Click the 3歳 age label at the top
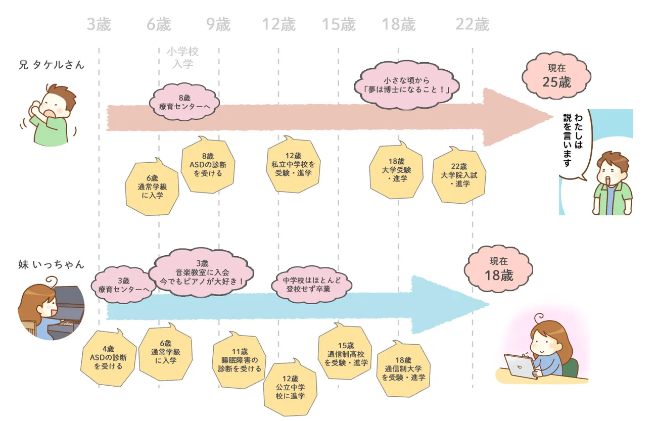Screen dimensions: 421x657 pyautogui.click(x=99, y=24)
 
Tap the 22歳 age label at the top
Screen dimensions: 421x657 pyautogui.click(x=473, y=24)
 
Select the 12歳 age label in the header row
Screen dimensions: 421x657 pyautogui.click(x=278, y=24)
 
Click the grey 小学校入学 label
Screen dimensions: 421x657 pyautogui.click(x=183, y=58)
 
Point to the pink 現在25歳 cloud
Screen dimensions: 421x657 pyautogui.click(x=556, y=76)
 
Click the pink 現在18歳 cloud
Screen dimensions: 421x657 pyautogui.click(x=499, y=269)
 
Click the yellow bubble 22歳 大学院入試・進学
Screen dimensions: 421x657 pyautogui.click(x=459, y=175)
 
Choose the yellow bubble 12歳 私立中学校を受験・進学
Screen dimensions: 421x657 pyautogui.click(x=293, y=164)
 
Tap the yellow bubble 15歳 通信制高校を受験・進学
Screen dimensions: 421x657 pyautogui.click(x=347, y=354)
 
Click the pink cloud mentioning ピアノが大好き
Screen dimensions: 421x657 pyautogui.click(x=201, y=271)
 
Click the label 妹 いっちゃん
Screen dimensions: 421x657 pyautogui.click(x=51, y=264)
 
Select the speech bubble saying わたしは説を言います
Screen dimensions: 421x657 pyautogui.click(x=573, y=144)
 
